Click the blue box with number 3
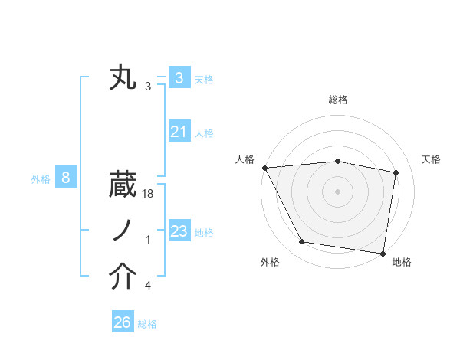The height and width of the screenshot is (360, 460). tap(179, 77)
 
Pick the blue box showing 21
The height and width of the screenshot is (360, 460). tap(179, 132)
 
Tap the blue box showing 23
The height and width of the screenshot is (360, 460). tap(179, 231)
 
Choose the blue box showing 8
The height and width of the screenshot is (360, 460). tap(66, 178)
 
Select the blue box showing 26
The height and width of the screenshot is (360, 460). tap(123, 322)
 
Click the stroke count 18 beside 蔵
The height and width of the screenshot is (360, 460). tap(149, 196)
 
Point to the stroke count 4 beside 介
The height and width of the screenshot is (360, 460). tap(148, 286)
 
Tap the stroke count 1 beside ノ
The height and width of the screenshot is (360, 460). tap(148, 241)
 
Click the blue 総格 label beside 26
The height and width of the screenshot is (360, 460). tap(147, 324)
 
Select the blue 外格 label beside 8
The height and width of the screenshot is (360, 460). tap(41, 179)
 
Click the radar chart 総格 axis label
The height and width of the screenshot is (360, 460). tap(338, 100)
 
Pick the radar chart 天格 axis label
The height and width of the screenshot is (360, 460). tap(432, 159)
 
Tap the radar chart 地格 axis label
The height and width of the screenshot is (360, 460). tap(402, 262)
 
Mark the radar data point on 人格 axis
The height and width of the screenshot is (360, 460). tap(264, 168)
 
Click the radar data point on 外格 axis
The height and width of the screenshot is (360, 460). tap(302, 242)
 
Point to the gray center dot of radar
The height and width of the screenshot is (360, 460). tap(337, 191)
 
